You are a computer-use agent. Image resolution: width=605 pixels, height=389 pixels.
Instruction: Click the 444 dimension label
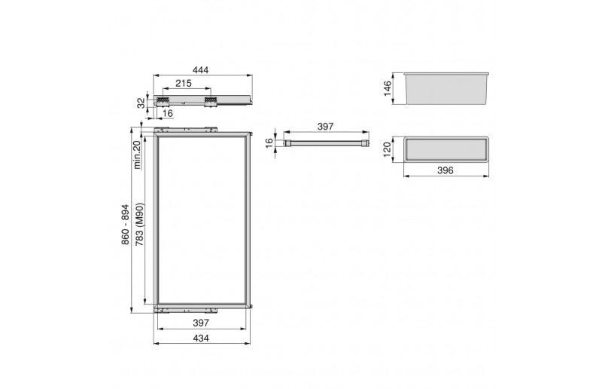[x=201, y=70]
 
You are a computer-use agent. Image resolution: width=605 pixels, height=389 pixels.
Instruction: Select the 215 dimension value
[x=184, y=83]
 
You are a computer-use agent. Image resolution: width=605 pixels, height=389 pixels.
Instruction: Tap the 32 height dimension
[x=141, y=103]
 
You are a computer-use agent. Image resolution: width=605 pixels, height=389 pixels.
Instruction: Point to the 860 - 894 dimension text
[x=126, y=224]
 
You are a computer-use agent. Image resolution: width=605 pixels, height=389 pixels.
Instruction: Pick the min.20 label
[x=137, y=155]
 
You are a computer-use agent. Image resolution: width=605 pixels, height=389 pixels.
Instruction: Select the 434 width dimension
[x=201, y=338]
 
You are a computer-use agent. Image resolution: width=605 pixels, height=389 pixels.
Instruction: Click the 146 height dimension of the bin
[x=388, y=88]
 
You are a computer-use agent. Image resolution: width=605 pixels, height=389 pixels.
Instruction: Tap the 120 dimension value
[x=387, y=149]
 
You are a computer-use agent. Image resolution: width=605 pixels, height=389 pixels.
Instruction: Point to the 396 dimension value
[x=445, y=170]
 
